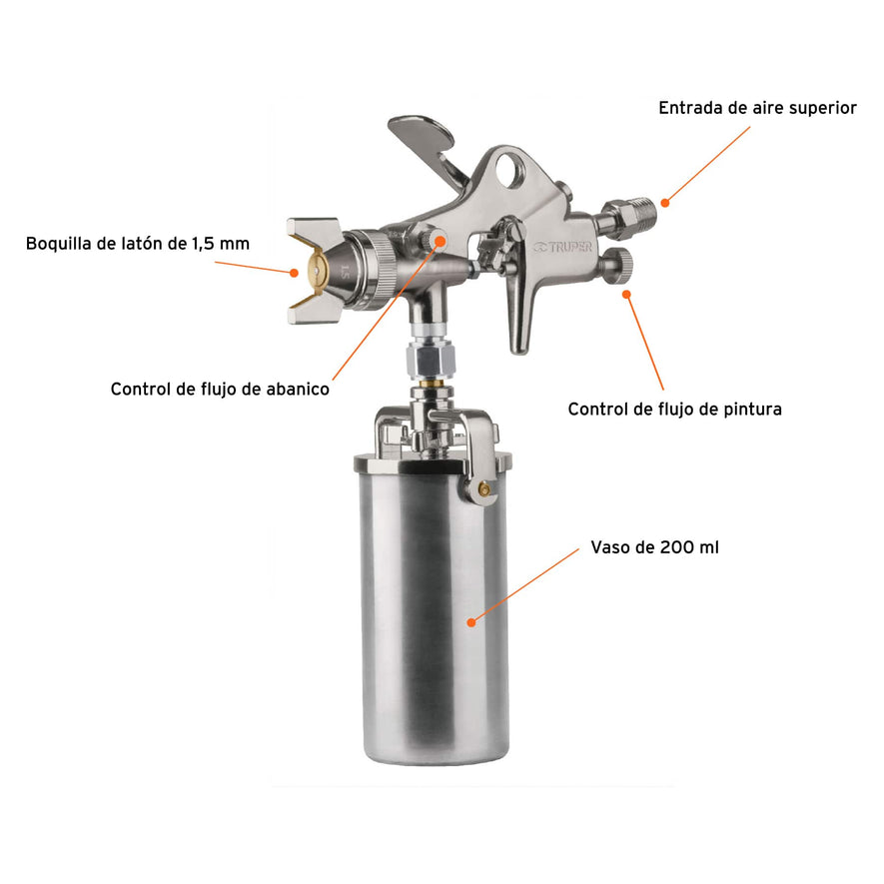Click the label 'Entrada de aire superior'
click(x=757, y=108)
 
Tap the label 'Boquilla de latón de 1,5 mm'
click(x=138, y=243)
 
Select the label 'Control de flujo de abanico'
click(x=220, y=390)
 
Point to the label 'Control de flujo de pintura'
click(x=674, y=409)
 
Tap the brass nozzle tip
click(x=312, y=271)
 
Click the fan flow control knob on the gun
click(x=432, y=240)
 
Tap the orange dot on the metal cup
click(x=470, y=621)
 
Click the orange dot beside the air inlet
click(x=665, y=204)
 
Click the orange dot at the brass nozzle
click(x=296, y=271)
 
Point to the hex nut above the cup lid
click(x=429, y=356)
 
